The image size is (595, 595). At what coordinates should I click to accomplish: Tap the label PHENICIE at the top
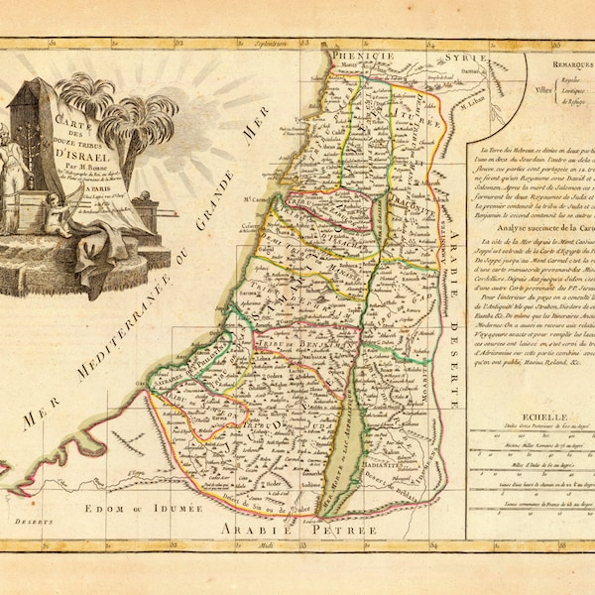(x=357, y=58)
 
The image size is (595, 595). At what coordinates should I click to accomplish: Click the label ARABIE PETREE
(x=292, y=531)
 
